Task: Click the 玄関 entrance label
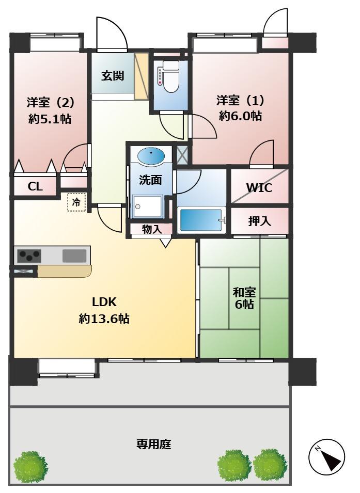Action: (113, 76)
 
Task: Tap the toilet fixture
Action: (170, 76)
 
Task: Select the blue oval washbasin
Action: (151, 155)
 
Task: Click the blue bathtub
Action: (201, 220)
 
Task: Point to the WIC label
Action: (259, 188)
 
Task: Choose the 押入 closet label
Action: (259, 221)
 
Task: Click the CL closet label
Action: (35, 187)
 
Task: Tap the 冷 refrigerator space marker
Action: (76, 202)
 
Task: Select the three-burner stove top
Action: (29, 256)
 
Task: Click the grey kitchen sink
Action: (74, 256)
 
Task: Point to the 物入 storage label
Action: (152, 229)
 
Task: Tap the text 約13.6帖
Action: (104, 319)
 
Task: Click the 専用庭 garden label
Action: (153, 444)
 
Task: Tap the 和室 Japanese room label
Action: (244, 292)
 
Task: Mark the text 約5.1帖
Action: (50, 119)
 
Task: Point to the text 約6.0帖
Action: (240, 116)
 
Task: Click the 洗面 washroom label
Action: (150, 180)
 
